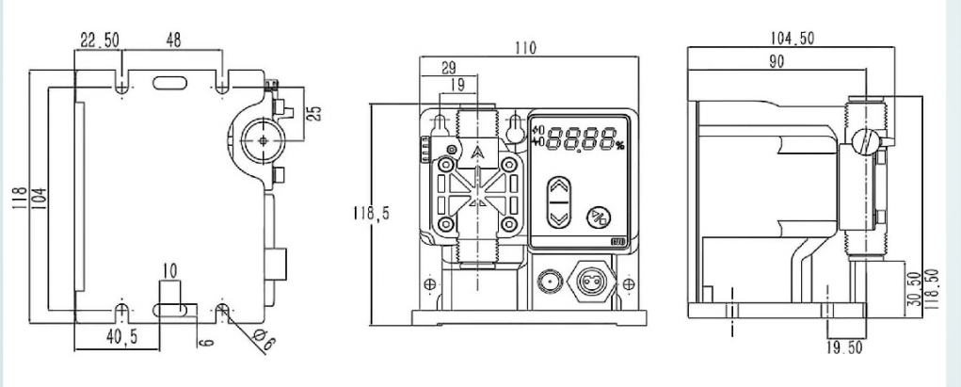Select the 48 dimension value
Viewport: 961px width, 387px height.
[x=174, y=40]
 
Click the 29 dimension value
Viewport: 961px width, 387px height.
[x=449, y=67]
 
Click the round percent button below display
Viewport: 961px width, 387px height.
[x=598, y=215]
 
